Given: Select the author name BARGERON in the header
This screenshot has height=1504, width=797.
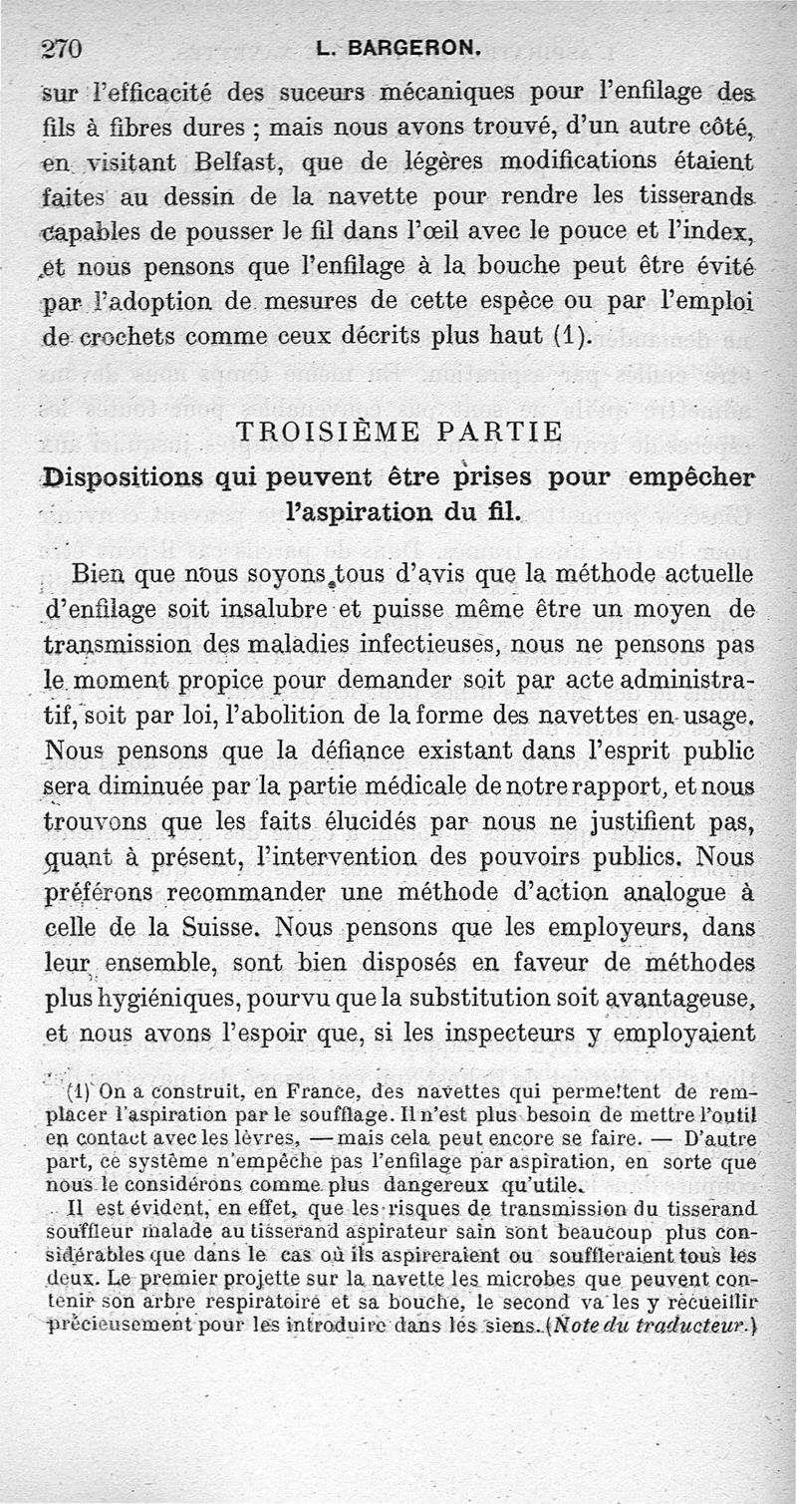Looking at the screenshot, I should [398, 46].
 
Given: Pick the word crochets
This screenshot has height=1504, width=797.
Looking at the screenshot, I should [122, 336].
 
